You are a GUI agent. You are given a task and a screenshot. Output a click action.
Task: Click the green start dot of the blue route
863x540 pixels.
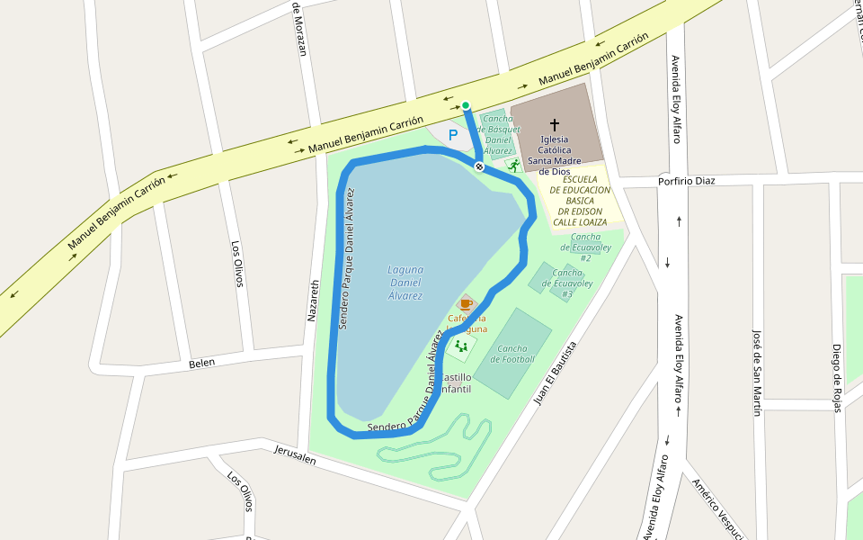[x=466, y=105]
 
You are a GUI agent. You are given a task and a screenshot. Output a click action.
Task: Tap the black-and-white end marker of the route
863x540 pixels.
[x=480, y=166]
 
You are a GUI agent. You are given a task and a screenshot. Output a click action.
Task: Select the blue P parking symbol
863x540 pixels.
[x=453, y=135]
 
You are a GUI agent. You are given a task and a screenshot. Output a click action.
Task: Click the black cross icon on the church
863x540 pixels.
[x=555, y=124]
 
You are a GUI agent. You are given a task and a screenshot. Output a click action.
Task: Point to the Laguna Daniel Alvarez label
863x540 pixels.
[x=405, y=282]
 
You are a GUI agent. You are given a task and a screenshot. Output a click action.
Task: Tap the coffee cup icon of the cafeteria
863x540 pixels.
[x=466, y=304]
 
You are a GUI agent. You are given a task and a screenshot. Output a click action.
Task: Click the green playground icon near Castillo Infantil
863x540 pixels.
[x=461, y=346]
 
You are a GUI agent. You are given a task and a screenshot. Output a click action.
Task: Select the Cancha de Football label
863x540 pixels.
[x=512, y=354]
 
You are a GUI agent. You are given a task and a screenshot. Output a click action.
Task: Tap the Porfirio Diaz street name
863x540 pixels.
[x=686, y=179]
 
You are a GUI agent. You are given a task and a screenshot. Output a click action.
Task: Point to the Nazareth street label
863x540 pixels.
[x=314, y=301]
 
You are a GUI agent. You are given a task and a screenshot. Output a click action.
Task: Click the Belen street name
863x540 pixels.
[x=202, y=363]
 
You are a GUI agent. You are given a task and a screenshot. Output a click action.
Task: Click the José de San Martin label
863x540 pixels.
[x=757, y=372]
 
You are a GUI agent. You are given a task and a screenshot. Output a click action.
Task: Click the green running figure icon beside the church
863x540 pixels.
[x=513, y=166]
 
